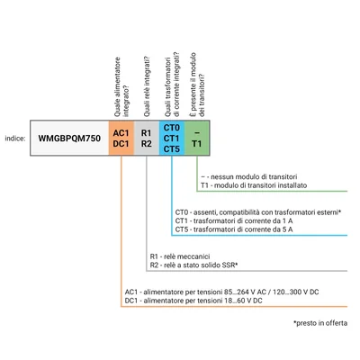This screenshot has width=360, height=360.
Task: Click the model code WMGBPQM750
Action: coord(69,139)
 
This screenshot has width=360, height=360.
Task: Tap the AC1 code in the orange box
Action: coord(121,133)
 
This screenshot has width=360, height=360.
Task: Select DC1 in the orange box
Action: coord(121,144)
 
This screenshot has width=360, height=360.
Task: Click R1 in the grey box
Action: coord(147,133)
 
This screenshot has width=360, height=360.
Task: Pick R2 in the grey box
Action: coord(147,144)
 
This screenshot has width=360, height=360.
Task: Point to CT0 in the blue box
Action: coord(172,128)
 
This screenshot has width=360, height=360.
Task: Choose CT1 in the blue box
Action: coord(172,139)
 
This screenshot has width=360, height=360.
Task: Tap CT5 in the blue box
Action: coord(172,148)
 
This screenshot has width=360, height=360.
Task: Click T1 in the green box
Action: coord(197,144)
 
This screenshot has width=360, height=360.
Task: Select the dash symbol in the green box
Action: coord(197,133)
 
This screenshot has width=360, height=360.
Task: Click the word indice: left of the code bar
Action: coord(15,139)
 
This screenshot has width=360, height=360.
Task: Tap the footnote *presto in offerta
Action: coord(320,323)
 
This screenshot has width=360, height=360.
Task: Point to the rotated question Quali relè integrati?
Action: coord(147,87)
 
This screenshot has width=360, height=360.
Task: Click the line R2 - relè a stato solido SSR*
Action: coord(193,265)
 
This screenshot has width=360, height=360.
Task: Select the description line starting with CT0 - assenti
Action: coord(258,212)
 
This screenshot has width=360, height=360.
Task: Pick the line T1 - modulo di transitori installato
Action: coord(254,185)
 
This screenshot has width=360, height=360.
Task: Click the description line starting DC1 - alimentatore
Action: coord(193,301)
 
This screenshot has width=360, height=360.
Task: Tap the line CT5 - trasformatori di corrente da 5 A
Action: coord(234,229)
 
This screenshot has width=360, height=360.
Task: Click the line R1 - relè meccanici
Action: coord(180,256)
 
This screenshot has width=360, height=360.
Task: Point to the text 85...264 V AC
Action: coord(240,292)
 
